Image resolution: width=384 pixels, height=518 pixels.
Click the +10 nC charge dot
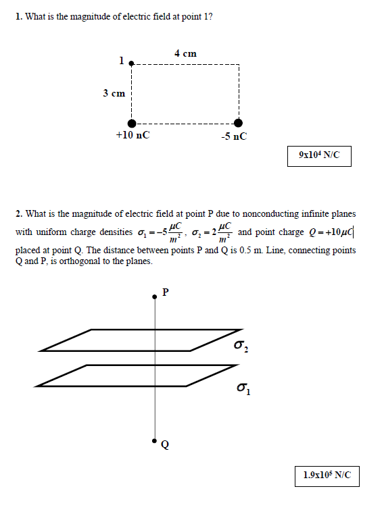pyautogui.click(x=133, y=122)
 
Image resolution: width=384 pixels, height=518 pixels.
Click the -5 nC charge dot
pyautogui.click(x=238, y=122)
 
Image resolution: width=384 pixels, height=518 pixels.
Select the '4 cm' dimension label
pyautogui.click(x=185, y=53)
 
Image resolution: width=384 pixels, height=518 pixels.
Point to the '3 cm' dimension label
pyautogui.click(x=114, y=93)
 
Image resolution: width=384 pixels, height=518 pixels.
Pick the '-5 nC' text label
pyautogui.click(x=234, y=136)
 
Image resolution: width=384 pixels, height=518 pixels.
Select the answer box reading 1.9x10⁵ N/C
pyautogui.click(x=327, y=475)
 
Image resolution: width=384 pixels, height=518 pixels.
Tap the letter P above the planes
pyautogui.click(x=166, y=292)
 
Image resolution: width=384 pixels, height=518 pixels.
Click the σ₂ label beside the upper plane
pyautogui.click(x=241, y=346)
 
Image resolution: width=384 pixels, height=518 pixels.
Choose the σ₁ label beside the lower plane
pyautogui.click(x=244, y=389)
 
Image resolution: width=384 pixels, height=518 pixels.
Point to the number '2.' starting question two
pyautogui.click(x=18, y=214)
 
